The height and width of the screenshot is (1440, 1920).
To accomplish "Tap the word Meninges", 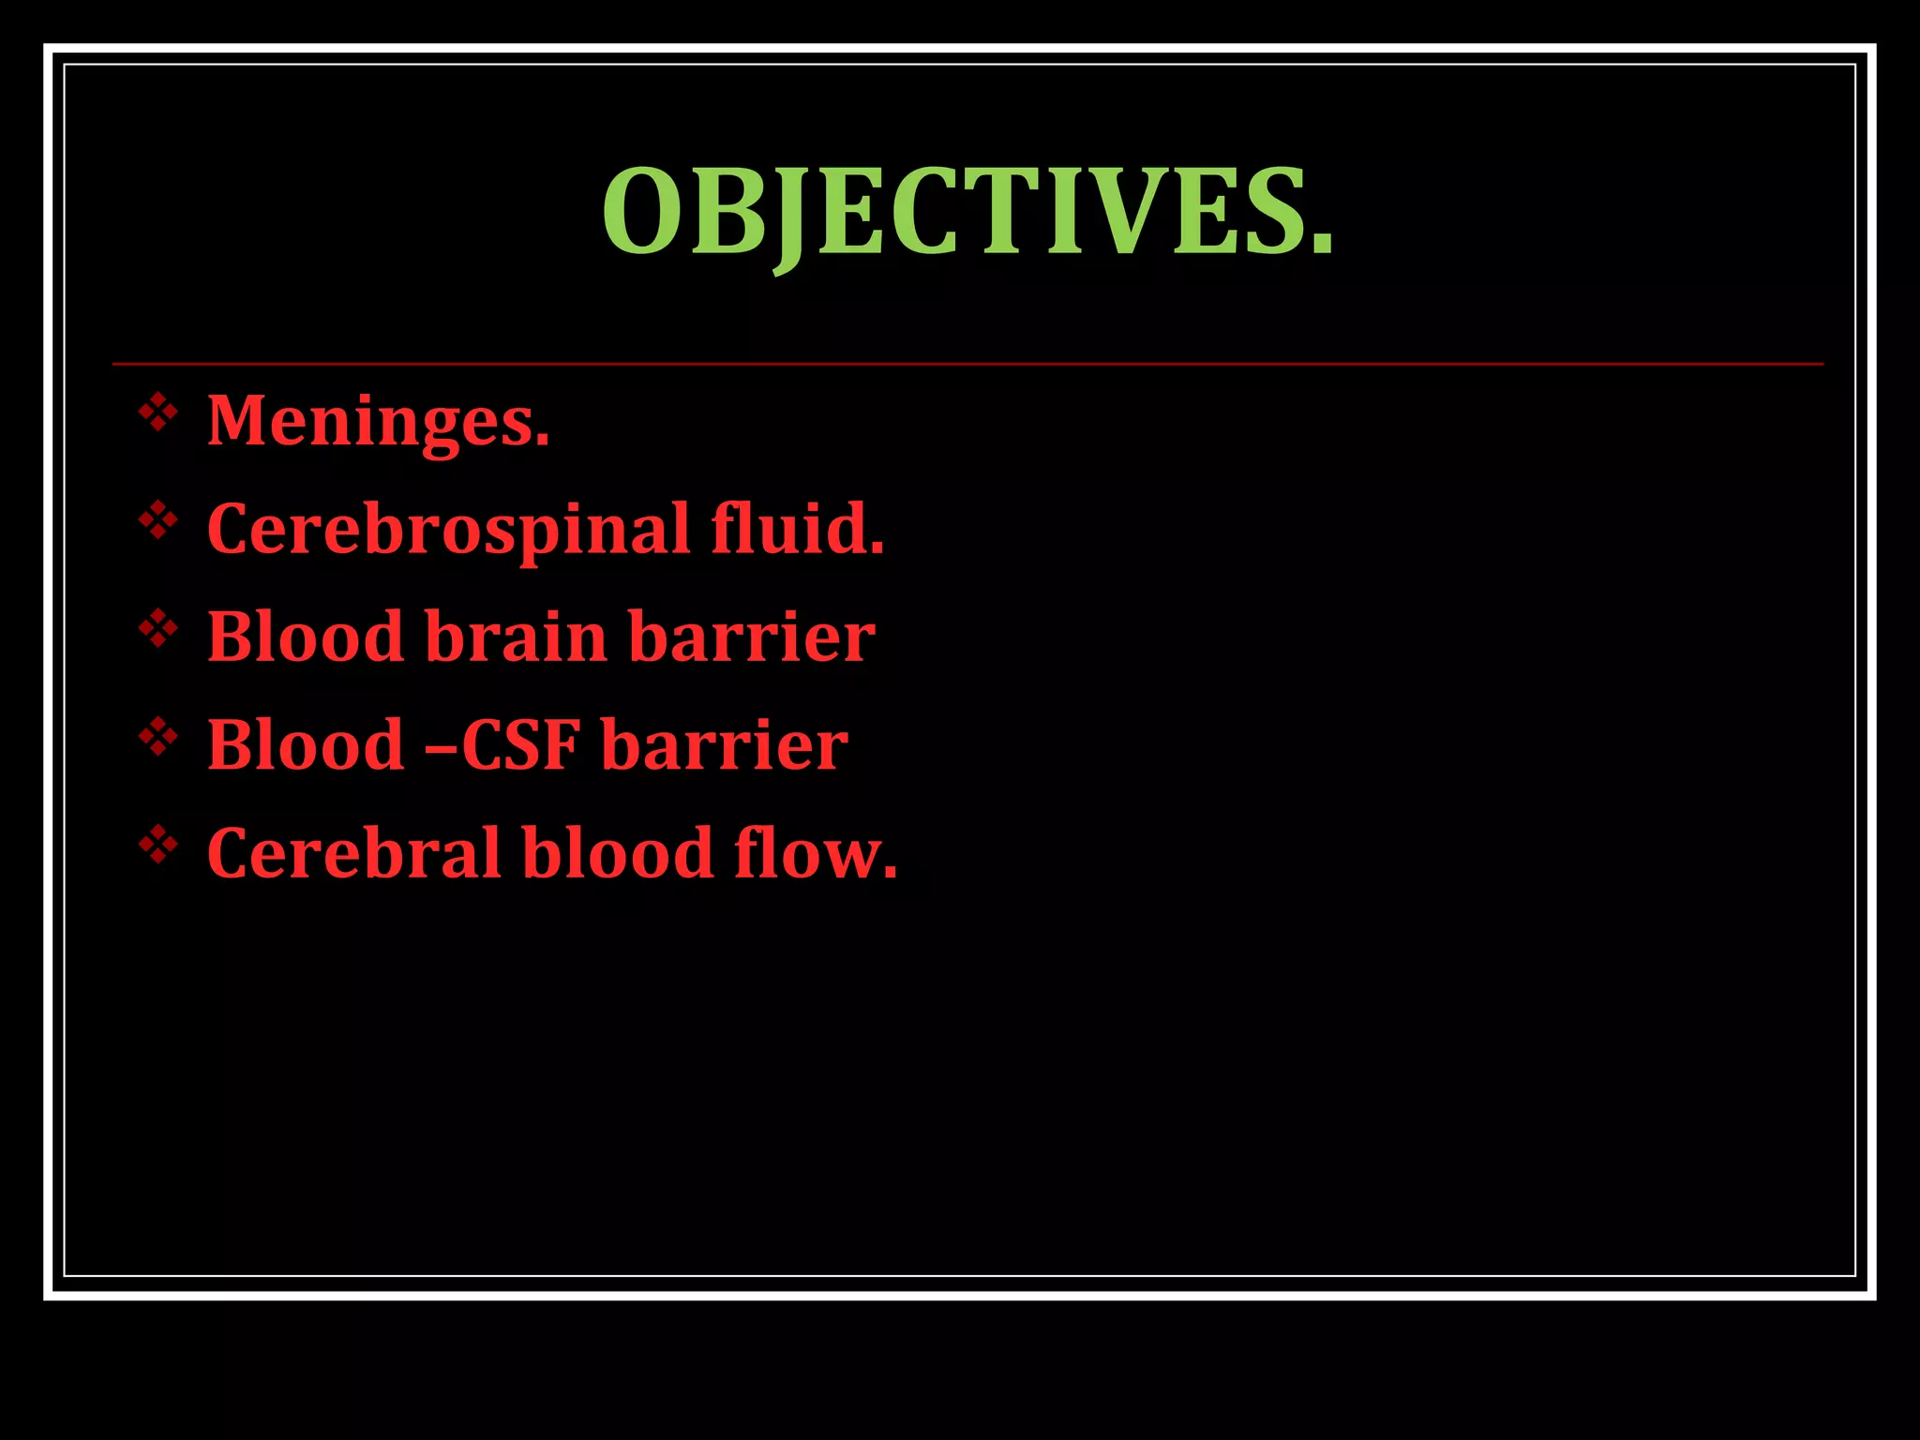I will (x=377, y=421).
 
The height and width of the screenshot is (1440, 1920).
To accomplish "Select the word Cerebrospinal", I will (x=448, y=530).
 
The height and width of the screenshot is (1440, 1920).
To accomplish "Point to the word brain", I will (x=517, y=637).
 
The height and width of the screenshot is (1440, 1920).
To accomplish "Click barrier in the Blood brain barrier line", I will (x=751, y=637).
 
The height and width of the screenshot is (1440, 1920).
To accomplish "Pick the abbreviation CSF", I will (x=520, y=745).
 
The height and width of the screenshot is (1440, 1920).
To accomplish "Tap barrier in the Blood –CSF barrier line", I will (x=724, y=745).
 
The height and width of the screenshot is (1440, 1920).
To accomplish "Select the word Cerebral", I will (x=353, y=853).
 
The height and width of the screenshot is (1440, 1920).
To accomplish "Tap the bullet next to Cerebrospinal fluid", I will (x=158, y=521).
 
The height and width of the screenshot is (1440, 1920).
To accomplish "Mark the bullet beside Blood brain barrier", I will (x=158, y=629).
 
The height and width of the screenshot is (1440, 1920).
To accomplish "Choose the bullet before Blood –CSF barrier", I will (x=158, y=738).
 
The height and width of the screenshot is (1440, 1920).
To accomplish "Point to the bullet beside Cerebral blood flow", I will (x=158, y=846).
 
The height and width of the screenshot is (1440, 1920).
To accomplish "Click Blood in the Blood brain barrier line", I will (x=305, y=637).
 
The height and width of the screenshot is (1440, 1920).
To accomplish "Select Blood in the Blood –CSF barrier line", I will (x=305, y=745).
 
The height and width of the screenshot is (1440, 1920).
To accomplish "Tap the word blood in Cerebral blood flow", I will (x=618, y=853).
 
